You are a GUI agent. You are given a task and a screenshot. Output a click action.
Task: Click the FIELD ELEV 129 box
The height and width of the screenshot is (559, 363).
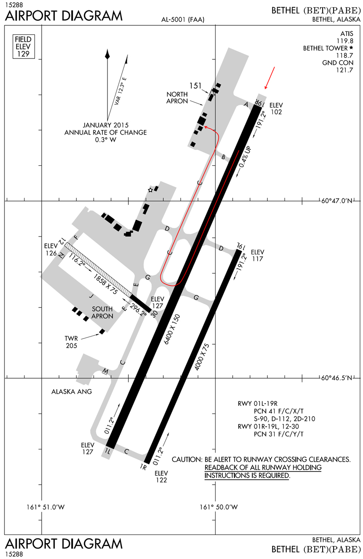[24, 47]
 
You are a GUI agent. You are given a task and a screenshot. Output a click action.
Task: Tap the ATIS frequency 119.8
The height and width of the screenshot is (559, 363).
[345, 41]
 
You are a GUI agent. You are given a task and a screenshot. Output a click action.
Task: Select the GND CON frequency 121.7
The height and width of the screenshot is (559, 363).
[345, 70]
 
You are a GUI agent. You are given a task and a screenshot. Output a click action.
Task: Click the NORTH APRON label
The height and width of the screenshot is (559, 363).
[177, 97]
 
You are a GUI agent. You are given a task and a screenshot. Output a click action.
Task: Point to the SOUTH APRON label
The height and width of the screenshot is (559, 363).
[102, 313]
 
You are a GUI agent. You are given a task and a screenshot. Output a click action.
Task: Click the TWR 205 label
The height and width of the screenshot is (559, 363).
[71, 342]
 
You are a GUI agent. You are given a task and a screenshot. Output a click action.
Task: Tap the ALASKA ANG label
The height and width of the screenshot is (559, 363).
[72, 391]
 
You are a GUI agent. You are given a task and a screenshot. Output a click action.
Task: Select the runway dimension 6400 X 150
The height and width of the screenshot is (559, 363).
[172, 329]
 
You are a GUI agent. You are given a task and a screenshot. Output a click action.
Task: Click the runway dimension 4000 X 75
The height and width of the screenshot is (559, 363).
[201, 357]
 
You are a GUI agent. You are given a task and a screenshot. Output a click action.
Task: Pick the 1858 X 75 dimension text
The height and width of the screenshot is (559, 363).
[105, 284]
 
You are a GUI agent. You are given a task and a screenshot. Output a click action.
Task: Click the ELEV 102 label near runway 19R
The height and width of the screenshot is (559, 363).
[276, 109]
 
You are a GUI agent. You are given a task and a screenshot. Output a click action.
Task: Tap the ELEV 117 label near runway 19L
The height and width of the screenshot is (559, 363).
[257, 255]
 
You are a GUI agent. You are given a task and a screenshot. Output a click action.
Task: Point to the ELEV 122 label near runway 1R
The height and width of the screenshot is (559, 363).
[161, 477]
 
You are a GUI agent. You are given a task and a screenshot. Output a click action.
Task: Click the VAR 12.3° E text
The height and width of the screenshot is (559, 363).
[120, 91]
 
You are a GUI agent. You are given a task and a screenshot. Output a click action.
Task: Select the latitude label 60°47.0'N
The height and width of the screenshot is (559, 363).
[337, 201]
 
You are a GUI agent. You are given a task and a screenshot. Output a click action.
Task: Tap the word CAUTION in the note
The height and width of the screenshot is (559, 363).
[187, 459]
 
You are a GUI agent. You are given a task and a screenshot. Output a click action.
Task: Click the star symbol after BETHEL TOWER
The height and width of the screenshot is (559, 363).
[351, 48]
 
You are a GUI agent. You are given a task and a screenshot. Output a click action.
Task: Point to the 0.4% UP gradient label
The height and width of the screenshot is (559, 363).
[245, 157]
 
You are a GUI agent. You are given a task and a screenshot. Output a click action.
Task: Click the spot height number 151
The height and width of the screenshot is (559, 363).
[196, 86]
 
